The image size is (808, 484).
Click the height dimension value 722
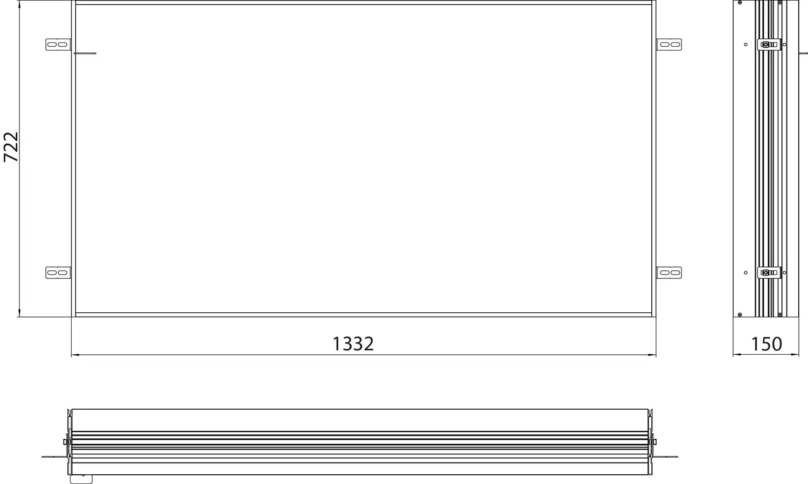click(10, 147)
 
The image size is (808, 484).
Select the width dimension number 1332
click(353, 344)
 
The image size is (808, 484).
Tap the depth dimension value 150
click(766, 344)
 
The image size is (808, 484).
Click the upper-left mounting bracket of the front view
click(58, 44)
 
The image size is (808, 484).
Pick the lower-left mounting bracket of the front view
click(58, 272)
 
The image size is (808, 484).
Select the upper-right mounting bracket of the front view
click(669, 44)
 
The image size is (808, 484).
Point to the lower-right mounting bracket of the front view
click(669, 272)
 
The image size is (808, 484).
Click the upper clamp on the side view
click(769, 44)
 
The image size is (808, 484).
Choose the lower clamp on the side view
click(769, 272)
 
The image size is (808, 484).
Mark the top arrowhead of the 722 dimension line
click(19, 4)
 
